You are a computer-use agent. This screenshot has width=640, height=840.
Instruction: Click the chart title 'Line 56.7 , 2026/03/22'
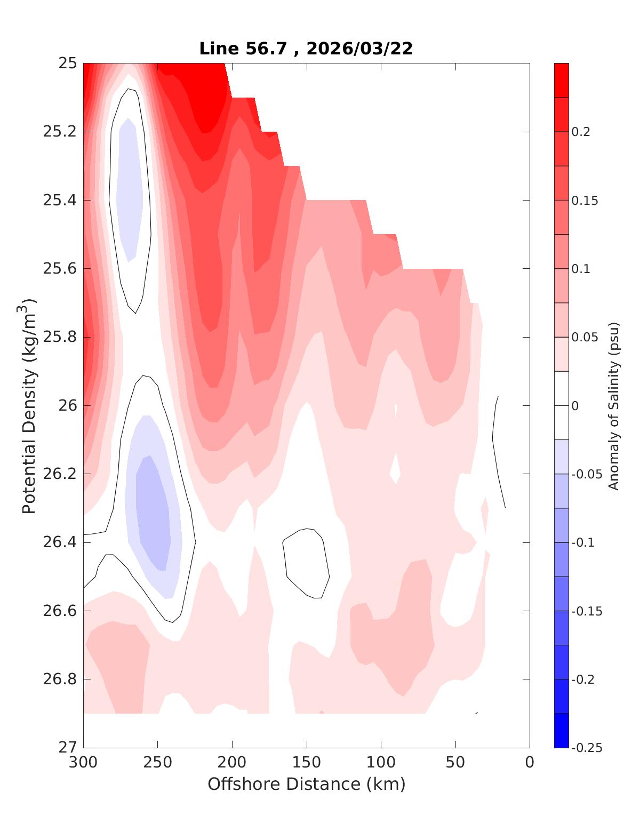(x=306, y=49)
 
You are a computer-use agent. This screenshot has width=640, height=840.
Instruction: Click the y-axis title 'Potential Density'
(x=30, y=405)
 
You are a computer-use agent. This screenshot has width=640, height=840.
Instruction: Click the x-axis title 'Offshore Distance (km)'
(x=306, y=784)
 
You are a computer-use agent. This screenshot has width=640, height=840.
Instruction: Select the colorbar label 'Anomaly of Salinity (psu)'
(x=614, y=405)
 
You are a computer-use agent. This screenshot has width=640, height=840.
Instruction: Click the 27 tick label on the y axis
(x=68, y=748)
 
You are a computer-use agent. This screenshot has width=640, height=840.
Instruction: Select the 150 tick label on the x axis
(x=307, y=763)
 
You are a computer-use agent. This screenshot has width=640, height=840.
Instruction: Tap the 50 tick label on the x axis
(x=455, y=763)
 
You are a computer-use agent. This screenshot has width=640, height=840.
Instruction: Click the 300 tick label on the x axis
(x=84, y=763)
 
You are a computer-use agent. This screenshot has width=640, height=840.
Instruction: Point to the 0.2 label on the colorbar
(x=581, y=132)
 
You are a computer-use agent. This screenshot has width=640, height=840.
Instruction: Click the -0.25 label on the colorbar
(x=586, y=748)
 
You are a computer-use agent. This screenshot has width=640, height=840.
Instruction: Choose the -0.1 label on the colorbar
(x=582, y=542)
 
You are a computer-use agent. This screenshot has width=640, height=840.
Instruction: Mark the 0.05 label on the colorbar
(x=583, y=337)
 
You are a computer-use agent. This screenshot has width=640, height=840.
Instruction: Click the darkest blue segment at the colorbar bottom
(x=561, y=731)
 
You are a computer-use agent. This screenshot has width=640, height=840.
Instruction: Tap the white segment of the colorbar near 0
(x=561, y=405)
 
